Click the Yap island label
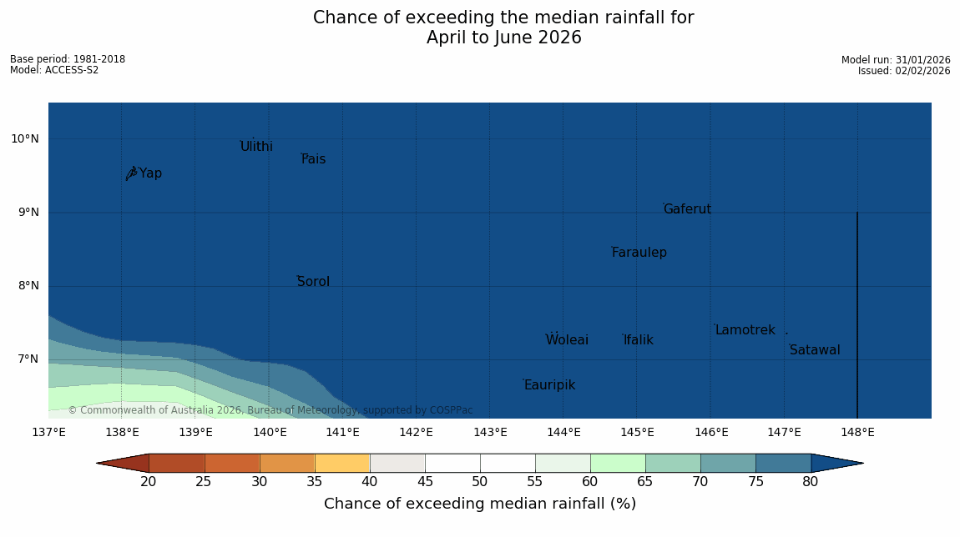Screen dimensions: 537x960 coord(150,173)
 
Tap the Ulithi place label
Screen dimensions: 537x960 coord(256,147)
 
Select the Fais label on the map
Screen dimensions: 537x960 coord(313,159)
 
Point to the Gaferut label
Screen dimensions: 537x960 coord(687,209)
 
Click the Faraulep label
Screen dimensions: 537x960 coord(639,253)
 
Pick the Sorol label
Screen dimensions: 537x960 coord(313,282)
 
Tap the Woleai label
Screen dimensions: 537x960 coord(567,340)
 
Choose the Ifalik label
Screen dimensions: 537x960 coord(638,340)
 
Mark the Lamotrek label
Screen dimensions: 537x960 coord(745,330)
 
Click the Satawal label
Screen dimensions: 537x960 coord(815,350)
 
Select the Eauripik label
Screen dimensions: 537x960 coord(549,385)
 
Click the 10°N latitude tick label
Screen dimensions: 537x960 coord(24,139)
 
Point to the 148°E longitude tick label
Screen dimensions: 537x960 coord(857,432)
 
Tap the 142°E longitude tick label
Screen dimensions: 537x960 coord(416,432)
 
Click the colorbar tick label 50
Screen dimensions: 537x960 coord(480,481)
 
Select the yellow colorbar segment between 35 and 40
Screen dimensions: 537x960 coord(342,464)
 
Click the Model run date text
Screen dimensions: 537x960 coord(896,60)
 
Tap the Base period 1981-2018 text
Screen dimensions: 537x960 coord(68,59)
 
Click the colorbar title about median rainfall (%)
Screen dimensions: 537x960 coord(480,504)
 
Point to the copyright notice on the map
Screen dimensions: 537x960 coord(270,410)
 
